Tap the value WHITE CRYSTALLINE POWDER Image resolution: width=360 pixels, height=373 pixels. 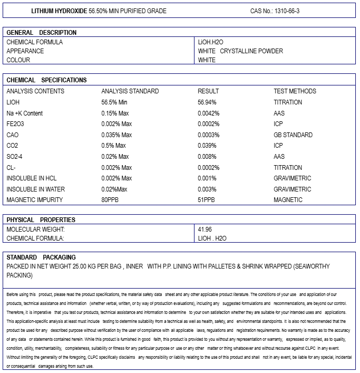[x=240, y=51]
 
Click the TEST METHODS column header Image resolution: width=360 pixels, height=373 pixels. [x=295, y=91]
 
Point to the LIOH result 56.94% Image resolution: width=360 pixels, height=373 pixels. [x=208, y=102]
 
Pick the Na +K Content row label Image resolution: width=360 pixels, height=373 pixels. [x=25, y=113]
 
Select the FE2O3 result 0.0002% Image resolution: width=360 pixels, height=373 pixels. [x=209, y=124]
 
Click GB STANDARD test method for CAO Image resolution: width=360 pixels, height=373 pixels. [x=293, y=135]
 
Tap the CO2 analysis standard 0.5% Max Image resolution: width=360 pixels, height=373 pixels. [x=114, y=146]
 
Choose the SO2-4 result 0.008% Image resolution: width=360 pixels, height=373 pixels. [x=207, y=157]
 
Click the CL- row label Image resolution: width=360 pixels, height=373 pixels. [x=11, y=168]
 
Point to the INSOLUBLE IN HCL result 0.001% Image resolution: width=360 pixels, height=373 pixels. [x=207, y=178]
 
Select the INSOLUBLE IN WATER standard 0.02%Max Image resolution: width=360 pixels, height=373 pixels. [x=115, y=189]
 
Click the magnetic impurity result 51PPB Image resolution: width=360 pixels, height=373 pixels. [x=206, y=200]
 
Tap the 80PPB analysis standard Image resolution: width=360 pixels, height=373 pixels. [x=110, y=200]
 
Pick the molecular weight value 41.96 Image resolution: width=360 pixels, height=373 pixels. [x=205, y=229]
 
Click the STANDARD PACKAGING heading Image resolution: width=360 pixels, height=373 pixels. [x=41, y=257]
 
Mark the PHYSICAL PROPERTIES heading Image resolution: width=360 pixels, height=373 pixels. [x=41, y=220]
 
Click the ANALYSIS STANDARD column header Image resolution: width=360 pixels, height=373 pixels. [x=130, y=91]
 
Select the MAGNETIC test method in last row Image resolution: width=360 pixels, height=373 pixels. [x=288, y=200]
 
